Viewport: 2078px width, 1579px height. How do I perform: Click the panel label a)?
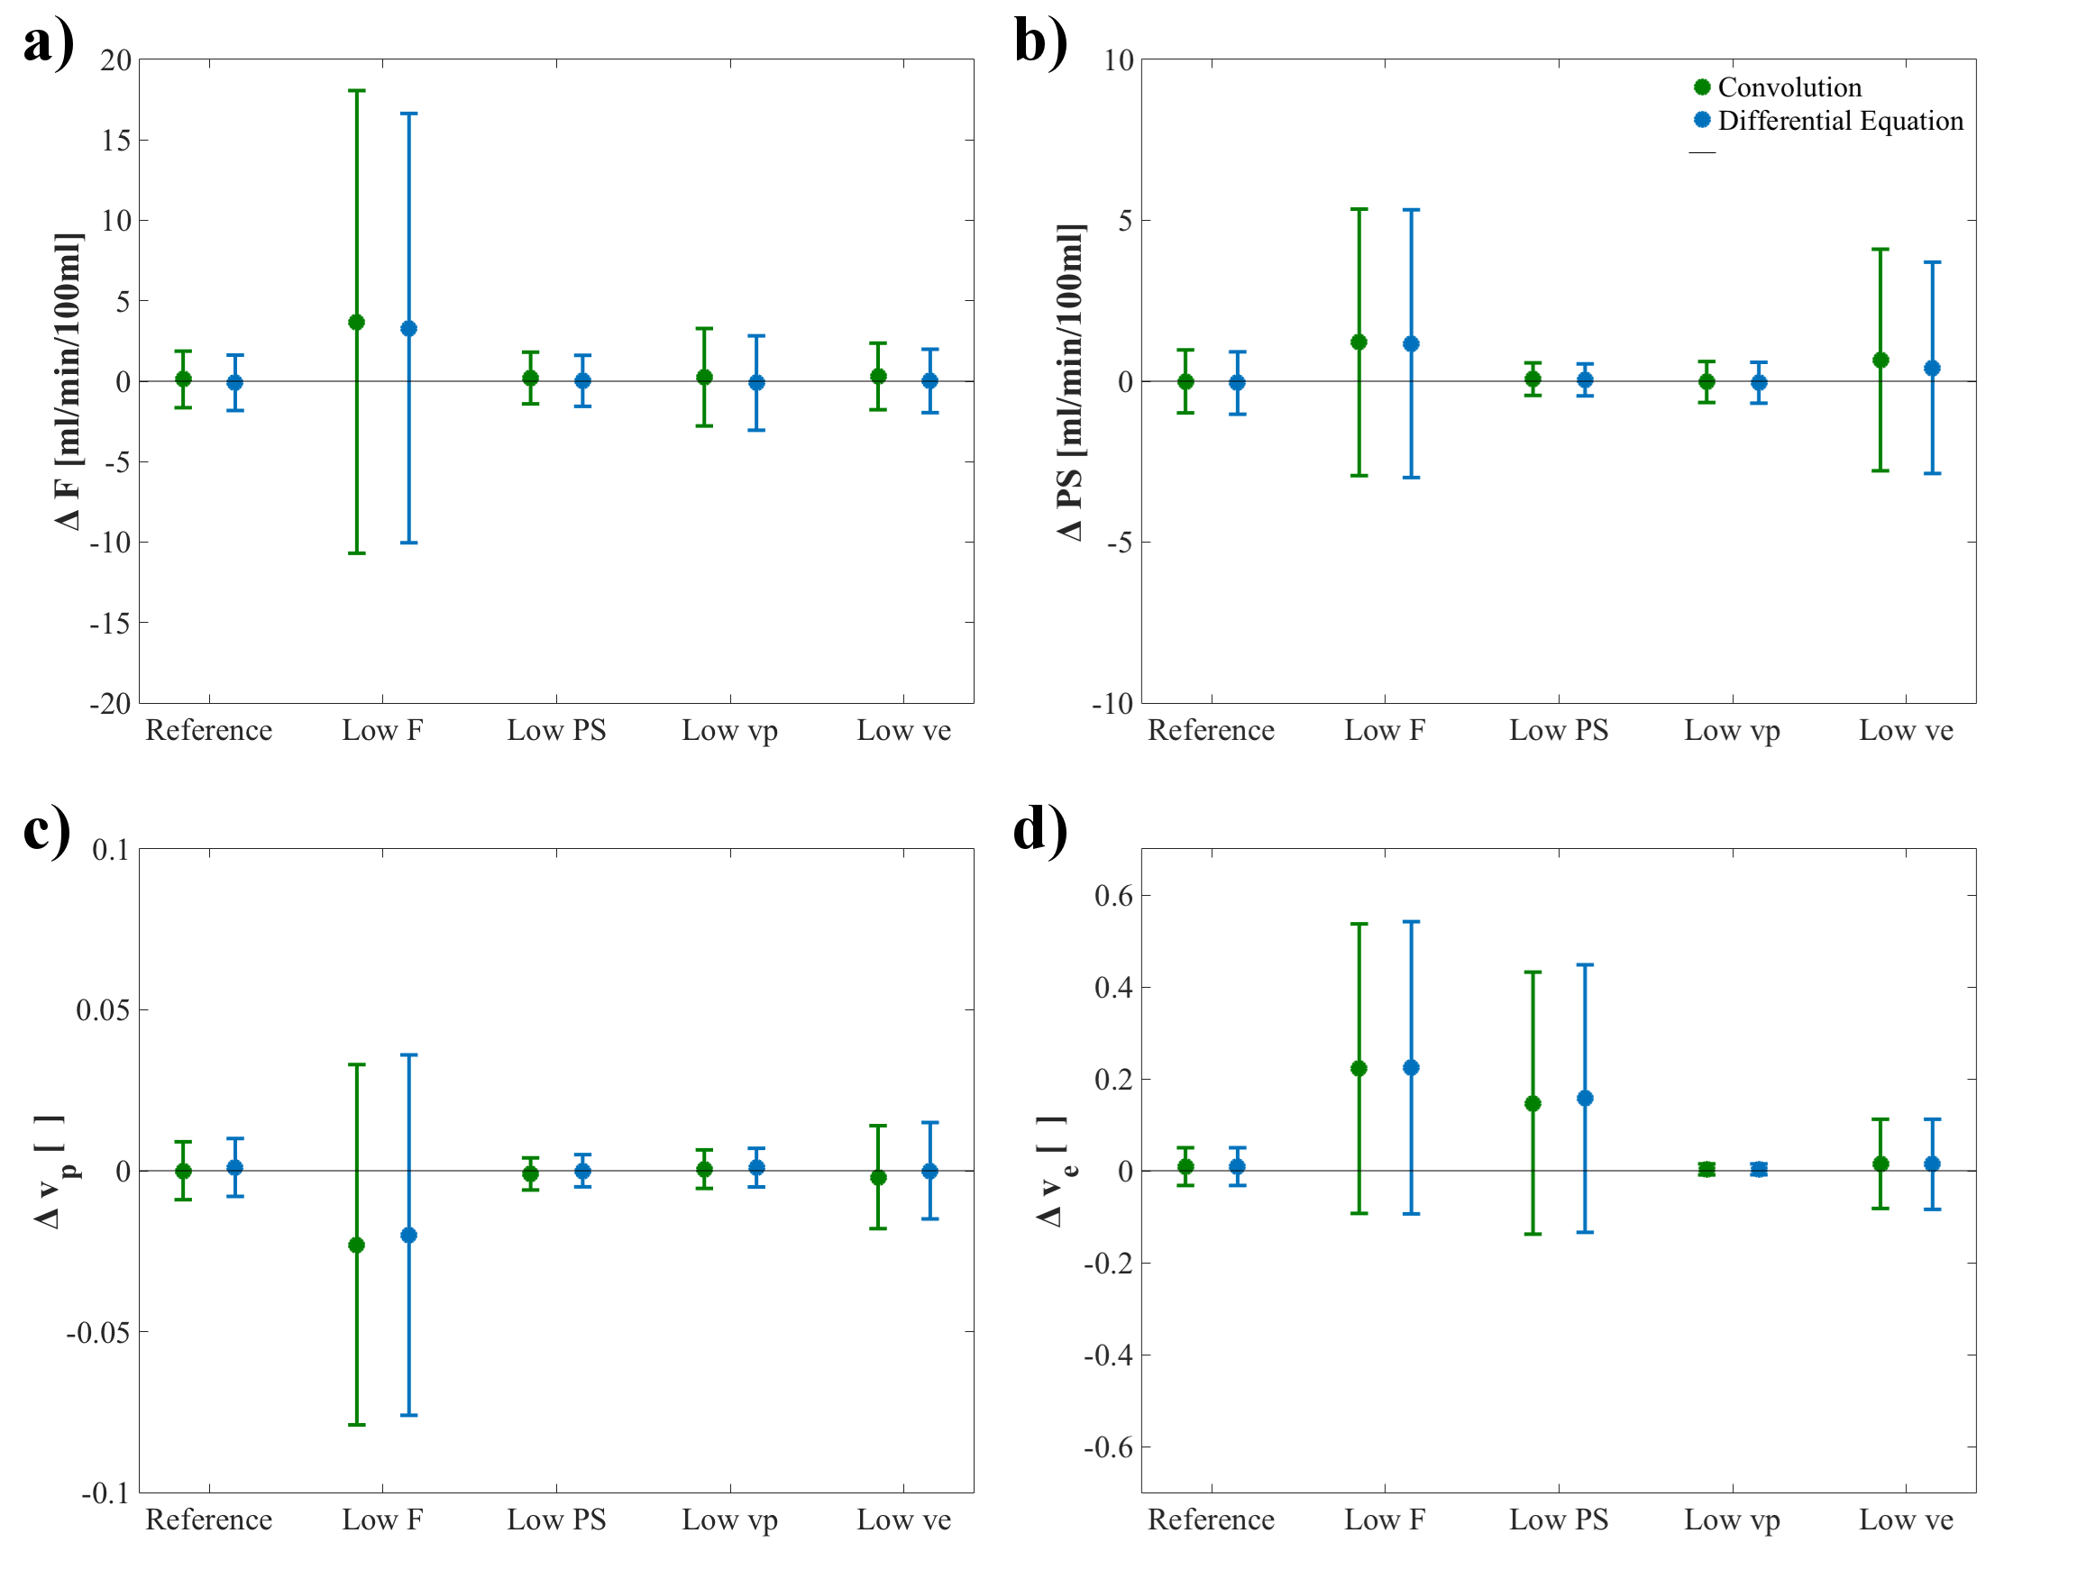pyautogui.click(x=48, y=43)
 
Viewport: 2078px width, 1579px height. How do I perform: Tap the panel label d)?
pyautogui.click(x=1040, y=829)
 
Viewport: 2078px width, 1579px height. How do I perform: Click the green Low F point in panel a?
pyautogui.click(x=356, y=323)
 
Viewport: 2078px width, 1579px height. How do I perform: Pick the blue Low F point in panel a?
pyautogui.click(x=408, y=328)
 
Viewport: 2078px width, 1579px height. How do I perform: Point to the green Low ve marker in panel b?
pyautogui.click(x=1881, y=360)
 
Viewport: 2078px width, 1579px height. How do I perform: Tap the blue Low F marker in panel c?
pyautogui.click(x=408, y=1235)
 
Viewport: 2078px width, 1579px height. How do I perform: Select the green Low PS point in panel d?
pyautogui.click(x=1533, y=1103)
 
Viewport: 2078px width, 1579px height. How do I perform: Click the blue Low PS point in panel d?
pyautogui.click(x=1585, y=1098)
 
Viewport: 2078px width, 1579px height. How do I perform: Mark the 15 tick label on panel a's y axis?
pyautogui.click(x=115, y=141)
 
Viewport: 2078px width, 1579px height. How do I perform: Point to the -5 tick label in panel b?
pyautogui.click(x=1118, y=543)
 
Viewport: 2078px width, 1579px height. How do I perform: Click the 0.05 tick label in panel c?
pyautogui.click(x=103, y=1010)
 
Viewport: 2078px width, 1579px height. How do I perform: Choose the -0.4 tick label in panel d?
pyautogui.click(x=1107, y=1355)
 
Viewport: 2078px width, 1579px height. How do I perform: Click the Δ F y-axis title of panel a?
pyautogui.click(x=68, y=380)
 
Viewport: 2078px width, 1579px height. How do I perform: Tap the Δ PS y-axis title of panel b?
pyautogui.click(x=1070, y=380)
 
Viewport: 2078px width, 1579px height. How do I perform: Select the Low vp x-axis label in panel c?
pyautogui.click(x=729, y=1520)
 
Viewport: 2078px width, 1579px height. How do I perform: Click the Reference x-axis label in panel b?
pyautogui.click(x=1211, y=730)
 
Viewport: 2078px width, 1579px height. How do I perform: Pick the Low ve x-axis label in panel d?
pyautogui.click(x=1906, y=1520)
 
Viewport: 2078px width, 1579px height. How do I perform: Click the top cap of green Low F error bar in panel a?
pyautogui.click(x=356, y=91)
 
